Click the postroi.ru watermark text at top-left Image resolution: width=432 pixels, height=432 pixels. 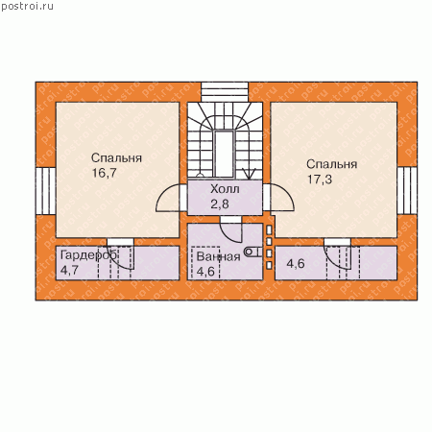[27, 7]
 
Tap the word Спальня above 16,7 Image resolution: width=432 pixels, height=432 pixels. [116, 157]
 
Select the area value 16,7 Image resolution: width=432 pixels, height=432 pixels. [105, 173]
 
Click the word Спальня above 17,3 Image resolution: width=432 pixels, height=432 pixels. [331, 164]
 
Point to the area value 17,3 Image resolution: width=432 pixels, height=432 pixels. [320, 180]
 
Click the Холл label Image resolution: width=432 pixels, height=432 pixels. [225, 189]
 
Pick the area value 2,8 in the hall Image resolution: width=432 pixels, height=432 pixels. [220, 204]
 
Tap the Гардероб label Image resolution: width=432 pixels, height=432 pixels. [88, 255]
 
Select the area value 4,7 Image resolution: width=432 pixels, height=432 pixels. [69, 270]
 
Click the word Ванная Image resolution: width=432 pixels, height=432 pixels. [218, 256]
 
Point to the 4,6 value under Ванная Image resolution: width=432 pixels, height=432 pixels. [205, 272]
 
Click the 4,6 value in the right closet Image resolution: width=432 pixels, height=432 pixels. [296, 264]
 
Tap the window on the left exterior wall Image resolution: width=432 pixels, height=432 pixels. [46, 191]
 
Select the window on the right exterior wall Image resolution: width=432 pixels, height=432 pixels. [407, 191]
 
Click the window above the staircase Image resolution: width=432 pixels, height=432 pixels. [225, 92]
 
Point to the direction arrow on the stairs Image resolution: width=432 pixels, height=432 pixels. [249, 173]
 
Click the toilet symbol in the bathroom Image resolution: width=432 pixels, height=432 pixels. [253, 252]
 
